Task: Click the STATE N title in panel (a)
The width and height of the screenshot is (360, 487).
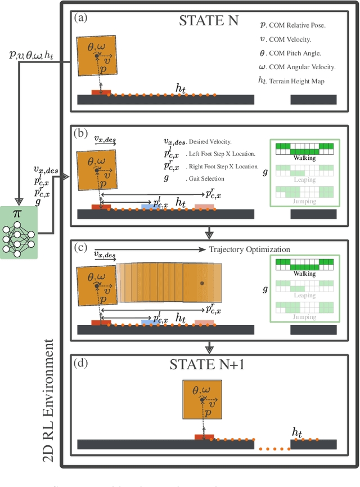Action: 209,21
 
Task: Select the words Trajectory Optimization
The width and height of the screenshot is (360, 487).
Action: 249,250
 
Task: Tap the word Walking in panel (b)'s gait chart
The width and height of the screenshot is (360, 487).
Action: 304,158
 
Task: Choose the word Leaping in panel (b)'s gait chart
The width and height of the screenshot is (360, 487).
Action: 304,180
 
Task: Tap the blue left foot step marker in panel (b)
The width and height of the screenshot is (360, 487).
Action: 150,207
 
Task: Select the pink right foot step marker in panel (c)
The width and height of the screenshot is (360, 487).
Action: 204,323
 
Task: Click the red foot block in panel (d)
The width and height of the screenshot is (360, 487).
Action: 204,437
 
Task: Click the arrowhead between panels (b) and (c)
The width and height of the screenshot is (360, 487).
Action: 209,233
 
